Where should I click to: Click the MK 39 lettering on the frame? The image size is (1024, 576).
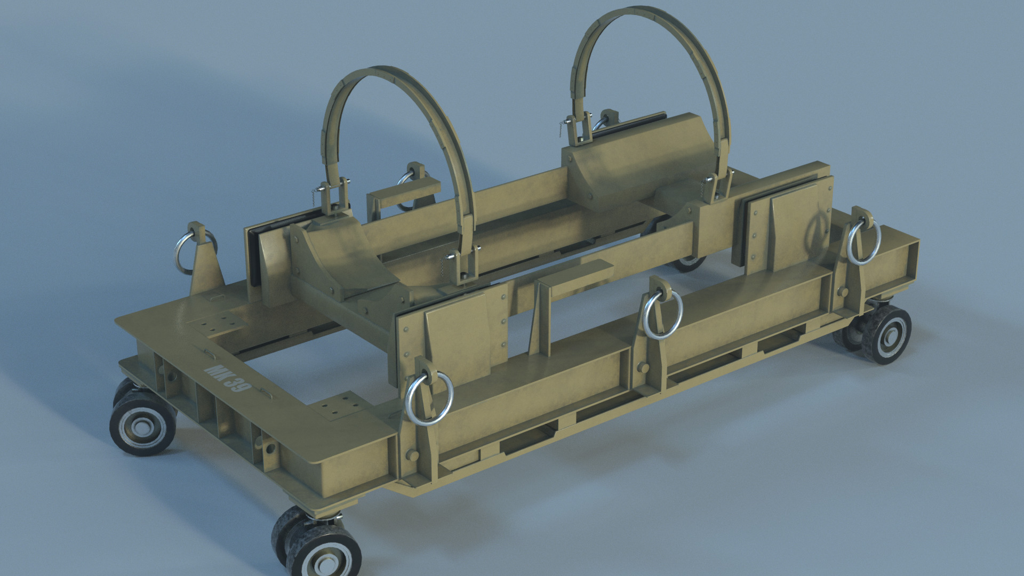227,378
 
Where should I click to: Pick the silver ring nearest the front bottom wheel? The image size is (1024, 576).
429,398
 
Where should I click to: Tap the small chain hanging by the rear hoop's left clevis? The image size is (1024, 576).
562,129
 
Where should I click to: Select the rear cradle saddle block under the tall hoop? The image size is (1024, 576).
637,160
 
